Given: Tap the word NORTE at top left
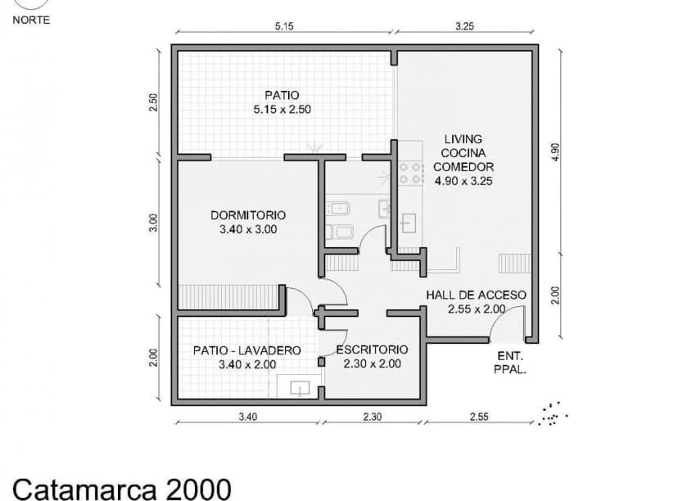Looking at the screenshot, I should [31, 20].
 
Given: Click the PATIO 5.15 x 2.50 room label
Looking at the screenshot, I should [282, 102].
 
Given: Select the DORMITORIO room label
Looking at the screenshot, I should [248, 223].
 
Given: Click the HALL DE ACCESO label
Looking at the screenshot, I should [476, 301].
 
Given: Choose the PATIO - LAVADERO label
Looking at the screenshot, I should [247, 357].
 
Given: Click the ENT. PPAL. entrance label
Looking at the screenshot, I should [511, 363].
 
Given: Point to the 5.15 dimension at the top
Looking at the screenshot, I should [284, 26].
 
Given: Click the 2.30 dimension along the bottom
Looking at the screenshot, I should [372, 417].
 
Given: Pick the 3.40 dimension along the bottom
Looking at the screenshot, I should [248, 417].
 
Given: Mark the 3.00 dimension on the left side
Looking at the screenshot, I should [154, 223].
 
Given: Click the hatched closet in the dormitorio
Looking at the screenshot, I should [228, 297].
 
